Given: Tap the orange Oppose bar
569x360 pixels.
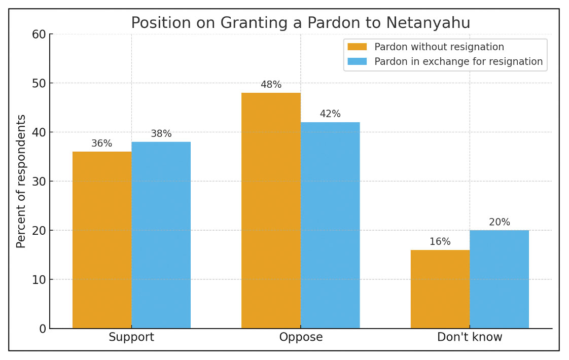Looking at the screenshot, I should [271, 210].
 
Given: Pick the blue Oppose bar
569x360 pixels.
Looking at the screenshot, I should [330, 225].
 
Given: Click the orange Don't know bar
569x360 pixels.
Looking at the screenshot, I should [440, 289].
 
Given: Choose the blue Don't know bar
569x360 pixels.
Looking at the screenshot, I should [499, 279].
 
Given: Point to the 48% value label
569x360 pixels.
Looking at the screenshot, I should [271, 85].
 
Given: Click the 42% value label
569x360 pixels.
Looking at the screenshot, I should [330, 114].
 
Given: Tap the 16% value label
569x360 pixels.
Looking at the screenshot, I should [440, 242].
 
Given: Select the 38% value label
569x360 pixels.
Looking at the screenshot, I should [161, 134].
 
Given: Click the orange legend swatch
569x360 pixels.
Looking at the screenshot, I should [357, 47].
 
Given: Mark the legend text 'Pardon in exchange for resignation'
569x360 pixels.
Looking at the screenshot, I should [458, 62].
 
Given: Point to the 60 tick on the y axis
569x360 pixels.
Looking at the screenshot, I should [39, 34].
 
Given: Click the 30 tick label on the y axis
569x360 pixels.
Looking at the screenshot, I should [39, 182].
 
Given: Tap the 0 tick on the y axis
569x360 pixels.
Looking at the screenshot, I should [42, 329].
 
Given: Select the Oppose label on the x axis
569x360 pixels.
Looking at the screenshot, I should [301, 337].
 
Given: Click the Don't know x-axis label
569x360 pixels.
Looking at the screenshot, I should [470, 337].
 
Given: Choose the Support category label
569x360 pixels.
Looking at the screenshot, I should [131, 337].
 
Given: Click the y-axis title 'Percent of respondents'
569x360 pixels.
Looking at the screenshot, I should [21, 181].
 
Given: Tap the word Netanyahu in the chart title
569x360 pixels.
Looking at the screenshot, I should [428, 23].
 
